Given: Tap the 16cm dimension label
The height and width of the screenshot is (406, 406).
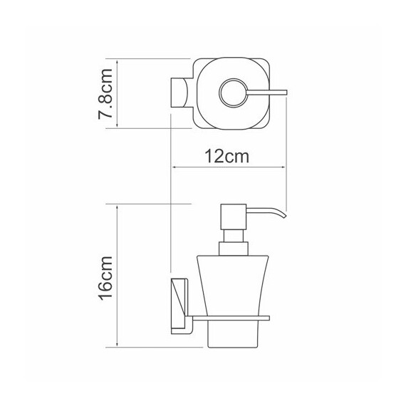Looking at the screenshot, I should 105,275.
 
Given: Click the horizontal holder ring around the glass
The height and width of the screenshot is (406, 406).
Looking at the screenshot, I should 235,315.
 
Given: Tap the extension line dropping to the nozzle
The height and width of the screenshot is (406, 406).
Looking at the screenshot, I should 287,157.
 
